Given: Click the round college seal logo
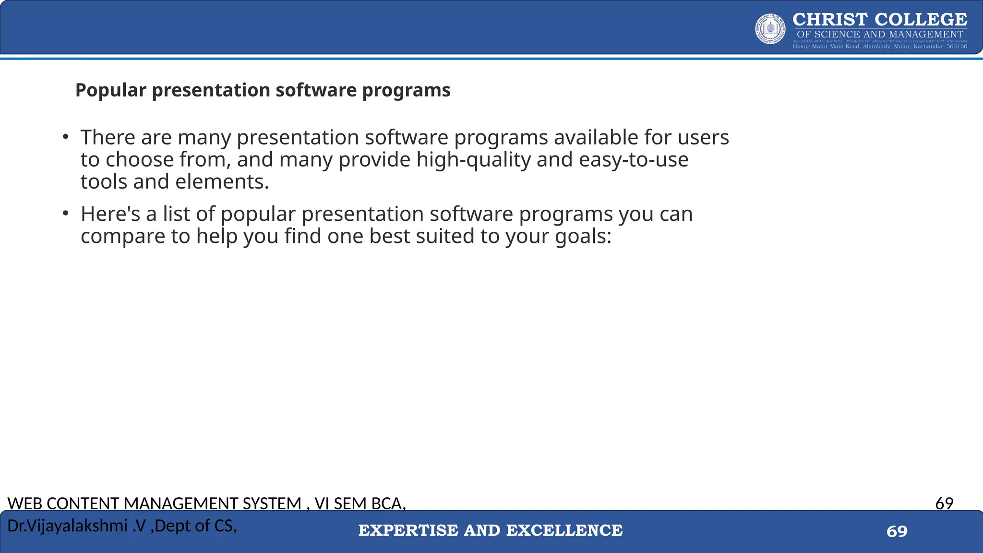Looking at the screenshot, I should coord(770,29).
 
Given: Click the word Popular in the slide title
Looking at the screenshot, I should coord(110,90).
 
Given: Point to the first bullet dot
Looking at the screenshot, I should coord(66,137).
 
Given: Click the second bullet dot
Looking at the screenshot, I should coord(66,214).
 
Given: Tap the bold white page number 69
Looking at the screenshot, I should coord(897,531).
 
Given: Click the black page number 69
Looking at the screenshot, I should coord(944,503).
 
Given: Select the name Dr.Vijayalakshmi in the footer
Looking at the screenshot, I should coord(67,526).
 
